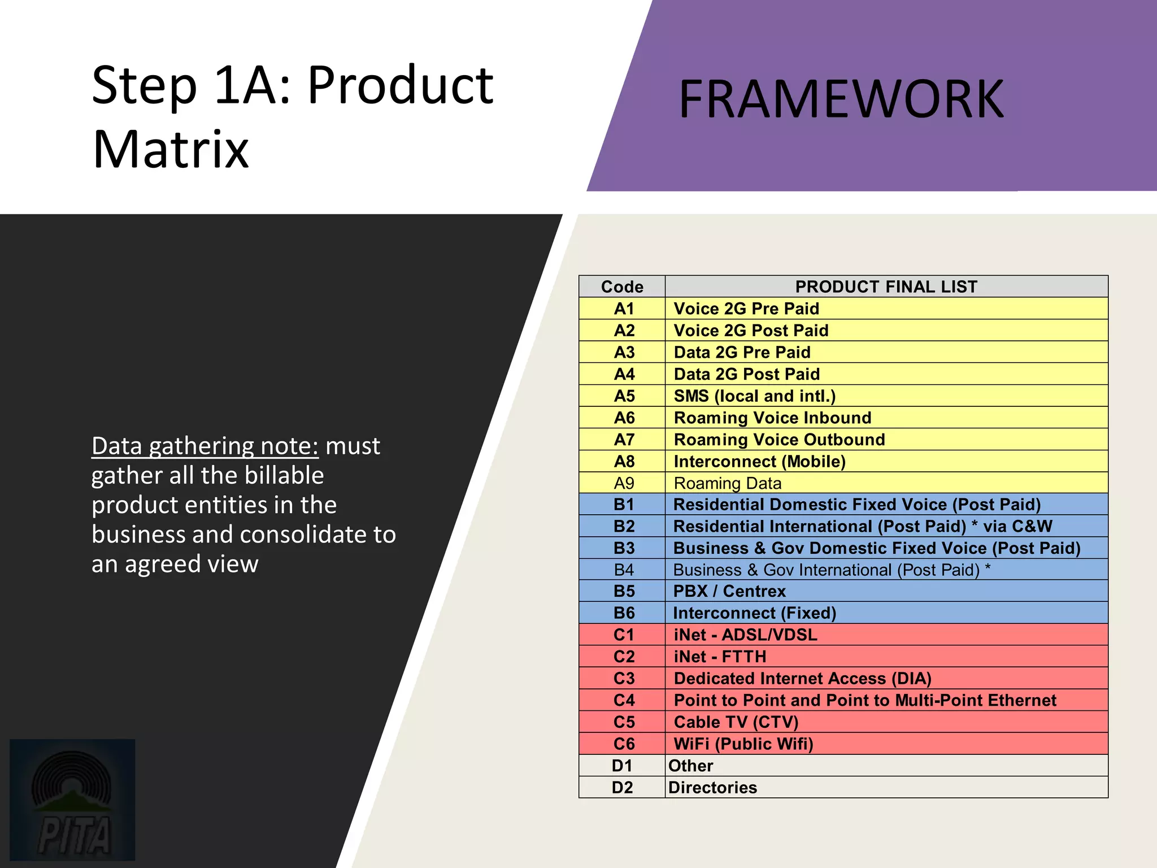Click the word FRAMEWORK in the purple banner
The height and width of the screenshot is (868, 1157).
pos(841,99)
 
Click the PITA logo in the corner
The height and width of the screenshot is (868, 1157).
pos(72,800)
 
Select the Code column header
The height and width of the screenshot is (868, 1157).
pos(622,287)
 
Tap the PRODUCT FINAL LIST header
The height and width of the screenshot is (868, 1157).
pos(886,287)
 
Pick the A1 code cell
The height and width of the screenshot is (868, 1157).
pos(624,309)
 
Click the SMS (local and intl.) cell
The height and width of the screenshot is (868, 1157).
pos(754,396)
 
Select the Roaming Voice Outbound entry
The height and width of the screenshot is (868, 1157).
pos(779,440)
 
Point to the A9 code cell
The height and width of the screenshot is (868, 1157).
pos(624,483)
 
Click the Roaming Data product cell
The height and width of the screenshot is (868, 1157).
pos(728,483)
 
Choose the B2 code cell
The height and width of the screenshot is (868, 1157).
pos(624,526)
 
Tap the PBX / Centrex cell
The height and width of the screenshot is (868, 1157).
pos(729,591)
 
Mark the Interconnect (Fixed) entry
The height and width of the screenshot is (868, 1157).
pos(754,613)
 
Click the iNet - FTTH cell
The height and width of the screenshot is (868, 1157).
pos(720,657)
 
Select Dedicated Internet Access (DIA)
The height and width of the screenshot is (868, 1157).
pos(802,679)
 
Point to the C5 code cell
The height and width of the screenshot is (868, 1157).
pos(624,722)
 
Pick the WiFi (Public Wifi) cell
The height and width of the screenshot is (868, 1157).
pos(743,744)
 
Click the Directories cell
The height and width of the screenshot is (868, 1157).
pos(712,787)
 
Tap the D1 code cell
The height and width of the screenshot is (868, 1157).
pos(622,766)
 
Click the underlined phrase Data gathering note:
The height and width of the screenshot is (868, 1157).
pos(205,446)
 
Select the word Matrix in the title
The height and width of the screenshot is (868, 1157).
pos(171,149)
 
